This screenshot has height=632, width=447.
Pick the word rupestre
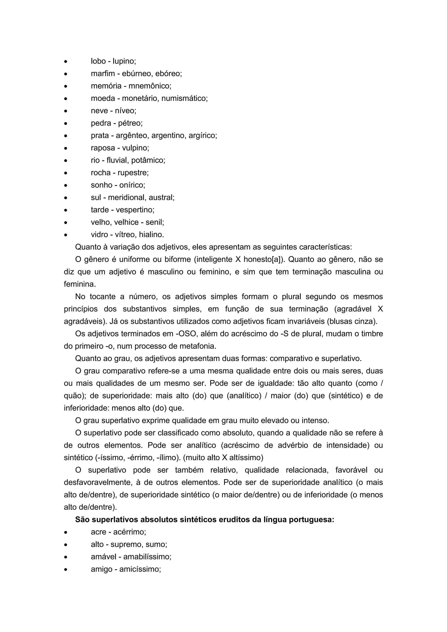point(133,173)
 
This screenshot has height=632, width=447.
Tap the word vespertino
point(135,210)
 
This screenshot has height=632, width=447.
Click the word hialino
point(151,235)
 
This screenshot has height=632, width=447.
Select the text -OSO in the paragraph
point(186,334)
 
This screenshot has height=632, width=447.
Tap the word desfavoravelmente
point(95,482)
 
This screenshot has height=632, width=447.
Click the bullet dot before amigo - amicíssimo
point(65,569)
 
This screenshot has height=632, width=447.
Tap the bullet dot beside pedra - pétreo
point(65,123)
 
